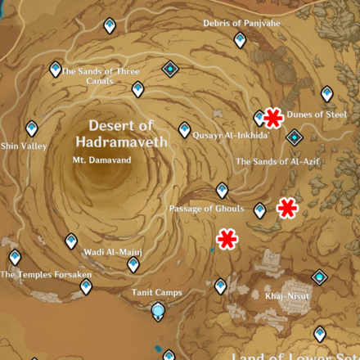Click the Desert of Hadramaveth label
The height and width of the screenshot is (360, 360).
click(121, 133)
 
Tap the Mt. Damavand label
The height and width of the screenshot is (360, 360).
click(101, 160)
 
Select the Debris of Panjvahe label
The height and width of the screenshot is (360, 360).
click(241, 24)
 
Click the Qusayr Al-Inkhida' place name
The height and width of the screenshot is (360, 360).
click(232, 136)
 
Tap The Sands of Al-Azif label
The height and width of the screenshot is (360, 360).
click(277, 162)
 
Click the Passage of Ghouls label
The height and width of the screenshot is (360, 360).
click(206, 209)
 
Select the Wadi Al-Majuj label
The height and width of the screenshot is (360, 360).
click(113, 252)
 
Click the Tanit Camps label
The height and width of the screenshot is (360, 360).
click(158, 292)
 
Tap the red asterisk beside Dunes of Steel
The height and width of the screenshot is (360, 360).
click(272, 118)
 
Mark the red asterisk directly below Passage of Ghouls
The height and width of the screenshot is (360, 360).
click(227, 239)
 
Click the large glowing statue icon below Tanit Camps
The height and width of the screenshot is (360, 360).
click(158, 310)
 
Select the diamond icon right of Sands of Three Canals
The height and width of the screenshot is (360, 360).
click(169, 68)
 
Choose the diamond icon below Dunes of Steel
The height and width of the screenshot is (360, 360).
click(294, 137)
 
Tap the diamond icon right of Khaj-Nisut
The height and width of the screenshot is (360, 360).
click(319, 278)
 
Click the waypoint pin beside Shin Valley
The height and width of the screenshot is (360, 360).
click(31, 128)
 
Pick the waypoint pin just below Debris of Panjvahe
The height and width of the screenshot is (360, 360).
click(240, 39)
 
